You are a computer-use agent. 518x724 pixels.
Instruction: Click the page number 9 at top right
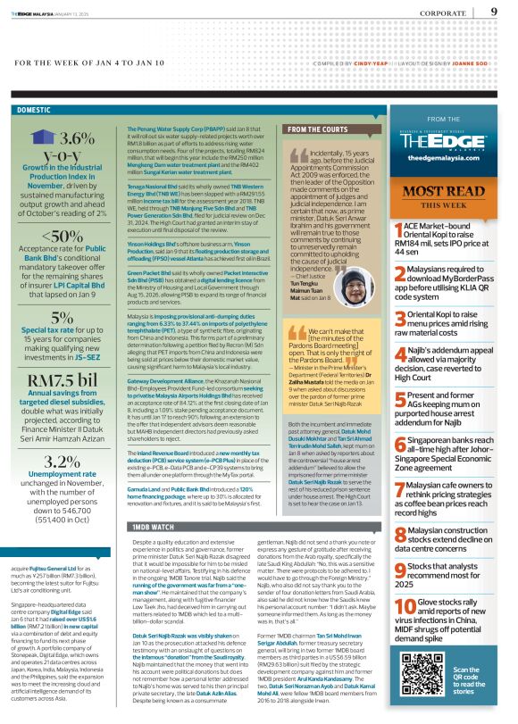pyautogui.click(x=494, y=12)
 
